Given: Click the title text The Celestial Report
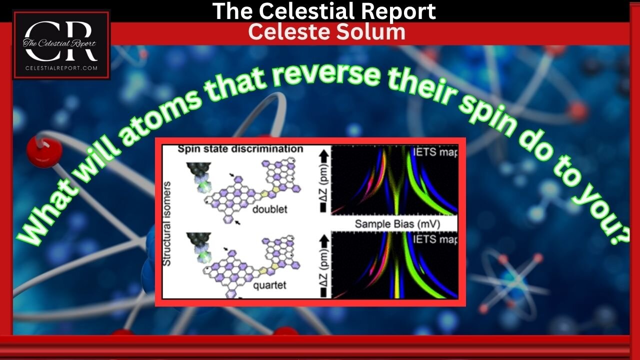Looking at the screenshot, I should coord(324,11).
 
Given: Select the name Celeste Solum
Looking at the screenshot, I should coord(326,31).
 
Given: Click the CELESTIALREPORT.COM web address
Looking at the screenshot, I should coord(60,68).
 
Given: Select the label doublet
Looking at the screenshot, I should coord(270,209).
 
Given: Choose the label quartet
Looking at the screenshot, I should coord(270,286).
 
